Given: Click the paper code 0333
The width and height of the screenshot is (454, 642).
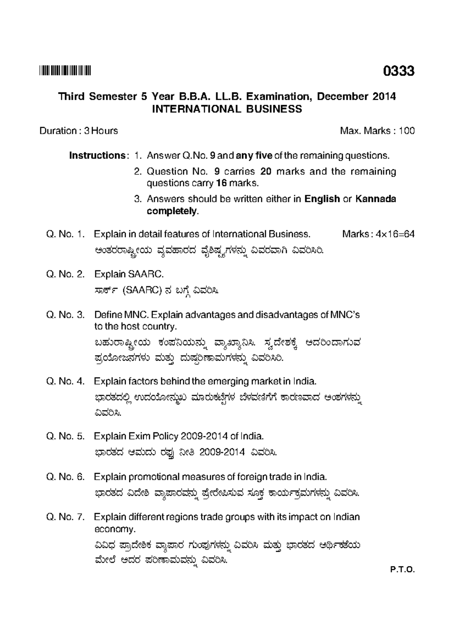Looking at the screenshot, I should coord(399,71).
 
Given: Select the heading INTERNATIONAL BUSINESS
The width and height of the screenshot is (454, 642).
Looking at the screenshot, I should coord(227,109).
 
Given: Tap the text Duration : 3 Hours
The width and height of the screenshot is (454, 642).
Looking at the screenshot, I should coord(79,131).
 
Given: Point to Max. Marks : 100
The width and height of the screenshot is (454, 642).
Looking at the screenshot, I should coord(377,131).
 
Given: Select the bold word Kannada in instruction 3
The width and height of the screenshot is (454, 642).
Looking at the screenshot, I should coord(375,199).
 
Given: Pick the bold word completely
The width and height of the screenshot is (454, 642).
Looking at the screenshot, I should coord(172,211).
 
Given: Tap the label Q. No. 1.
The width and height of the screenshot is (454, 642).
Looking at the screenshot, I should coord(65,234).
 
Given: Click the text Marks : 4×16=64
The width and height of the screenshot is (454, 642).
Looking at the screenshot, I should coord(378,234).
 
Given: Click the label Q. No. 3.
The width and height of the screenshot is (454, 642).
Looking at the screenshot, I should coord(65,315).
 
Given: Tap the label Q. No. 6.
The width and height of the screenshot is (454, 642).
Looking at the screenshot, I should coord(65,476).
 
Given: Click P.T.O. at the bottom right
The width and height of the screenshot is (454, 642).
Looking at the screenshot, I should coord(403,570).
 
